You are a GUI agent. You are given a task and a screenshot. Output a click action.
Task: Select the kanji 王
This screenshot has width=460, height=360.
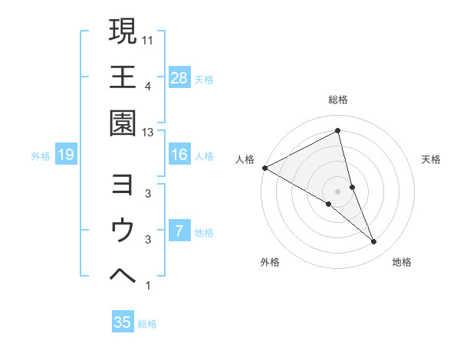coord(123,77)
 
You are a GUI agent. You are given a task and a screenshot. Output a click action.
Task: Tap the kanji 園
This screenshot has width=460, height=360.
coord(123,123)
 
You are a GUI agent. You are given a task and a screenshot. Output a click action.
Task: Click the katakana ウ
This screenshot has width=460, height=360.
coord(123,231)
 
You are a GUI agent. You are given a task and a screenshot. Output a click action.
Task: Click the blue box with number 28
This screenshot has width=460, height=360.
coord(179,77)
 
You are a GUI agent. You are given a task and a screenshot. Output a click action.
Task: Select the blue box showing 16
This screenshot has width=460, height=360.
coord(179,155)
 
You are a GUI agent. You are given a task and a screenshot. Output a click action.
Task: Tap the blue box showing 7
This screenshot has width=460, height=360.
coord(179,231)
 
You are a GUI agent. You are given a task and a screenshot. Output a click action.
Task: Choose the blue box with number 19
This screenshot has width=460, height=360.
coord(66,155)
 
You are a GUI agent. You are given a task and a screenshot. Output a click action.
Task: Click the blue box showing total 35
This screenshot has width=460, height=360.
coord(123,322)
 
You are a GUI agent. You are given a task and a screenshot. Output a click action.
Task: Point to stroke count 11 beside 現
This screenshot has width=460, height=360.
coord(149,39)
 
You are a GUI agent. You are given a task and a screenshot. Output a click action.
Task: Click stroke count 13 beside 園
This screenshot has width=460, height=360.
coord(149,133)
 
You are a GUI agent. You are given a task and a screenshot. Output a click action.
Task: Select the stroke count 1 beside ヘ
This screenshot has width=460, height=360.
coord(147,286)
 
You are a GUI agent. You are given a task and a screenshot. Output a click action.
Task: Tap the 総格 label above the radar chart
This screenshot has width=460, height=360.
coord(338,100)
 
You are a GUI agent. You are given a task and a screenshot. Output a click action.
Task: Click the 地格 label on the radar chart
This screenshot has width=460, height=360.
coord(402,263)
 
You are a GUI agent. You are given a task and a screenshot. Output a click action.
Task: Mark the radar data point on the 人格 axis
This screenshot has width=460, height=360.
coord(264,167)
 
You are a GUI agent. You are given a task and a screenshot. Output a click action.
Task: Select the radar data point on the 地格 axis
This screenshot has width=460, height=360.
coord(374,242)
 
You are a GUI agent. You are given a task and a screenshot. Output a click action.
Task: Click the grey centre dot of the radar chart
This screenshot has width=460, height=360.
coord(337,190)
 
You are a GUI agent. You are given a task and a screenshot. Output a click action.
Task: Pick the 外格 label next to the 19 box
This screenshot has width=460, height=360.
coord(41,156)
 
